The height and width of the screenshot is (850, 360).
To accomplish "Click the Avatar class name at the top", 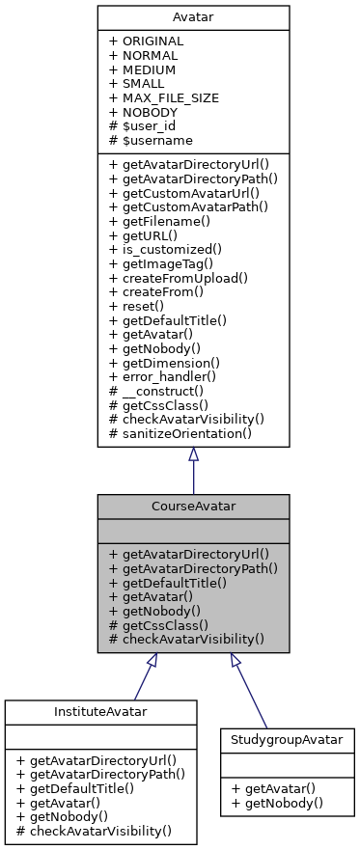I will tap(193, 17).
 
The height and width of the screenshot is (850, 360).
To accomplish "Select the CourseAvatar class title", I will tap(193, 507).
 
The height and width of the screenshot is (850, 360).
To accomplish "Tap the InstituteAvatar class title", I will tap(100, 712).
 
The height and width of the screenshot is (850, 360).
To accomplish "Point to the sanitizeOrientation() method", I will tap(187, 433).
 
